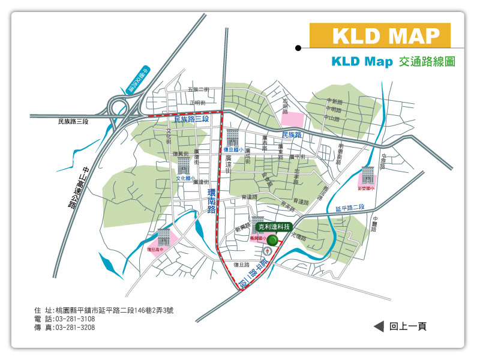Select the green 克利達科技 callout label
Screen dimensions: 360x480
pos(274,227)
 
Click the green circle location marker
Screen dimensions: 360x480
pos(272,240)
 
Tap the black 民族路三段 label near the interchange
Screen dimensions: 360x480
pos(73,122)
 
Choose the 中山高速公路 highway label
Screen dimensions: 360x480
pos(80,187)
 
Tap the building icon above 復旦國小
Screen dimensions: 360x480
pos(233,137)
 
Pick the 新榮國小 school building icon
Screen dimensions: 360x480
pos(367,175)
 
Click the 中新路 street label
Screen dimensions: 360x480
pos(334,101)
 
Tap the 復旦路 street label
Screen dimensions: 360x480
pos(241,264)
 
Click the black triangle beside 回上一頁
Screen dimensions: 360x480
pos(379,326)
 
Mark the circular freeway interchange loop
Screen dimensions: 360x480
pos(118,108)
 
